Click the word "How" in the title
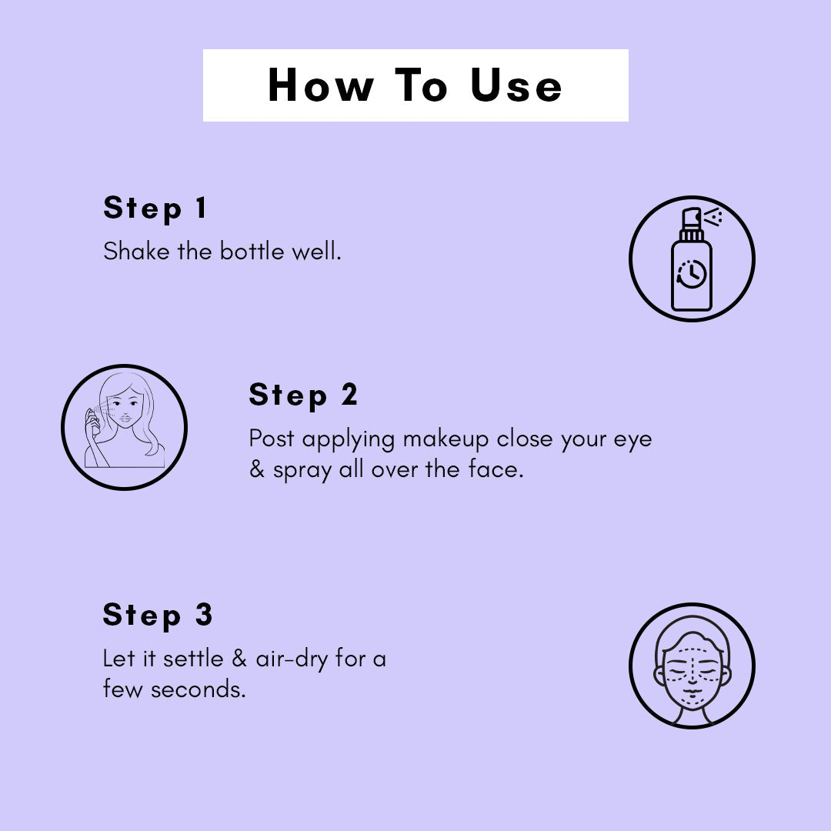click(320, 85)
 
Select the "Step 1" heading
click(155, 209)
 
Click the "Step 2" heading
click(303, 395)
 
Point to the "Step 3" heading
click(158, 615)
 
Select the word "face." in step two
click(494, 469)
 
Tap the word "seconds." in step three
click(198, 689)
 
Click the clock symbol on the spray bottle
click(691, 274)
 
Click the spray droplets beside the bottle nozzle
click(714, 218)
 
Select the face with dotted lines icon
click(692, 666)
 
